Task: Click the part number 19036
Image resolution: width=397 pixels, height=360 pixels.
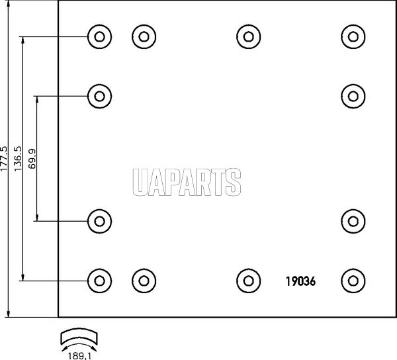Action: (300, 281)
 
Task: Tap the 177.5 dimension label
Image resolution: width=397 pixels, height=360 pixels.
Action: (4, 159)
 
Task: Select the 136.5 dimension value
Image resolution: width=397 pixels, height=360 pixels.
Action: (19, 159)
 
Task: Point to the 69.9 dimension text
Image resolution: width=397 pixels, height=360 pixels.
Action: (32, 159)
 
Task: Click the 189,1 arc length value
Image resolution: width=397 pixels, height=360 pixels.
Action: (79, 355)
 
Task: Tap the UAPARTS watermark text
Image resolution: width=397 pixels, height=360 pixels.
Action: (187, 182)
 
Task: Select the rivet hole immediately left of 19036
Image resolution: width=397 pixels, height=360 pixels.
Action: (249, 281)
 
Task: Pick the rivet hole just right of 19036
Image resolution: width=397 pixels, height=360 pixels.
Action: (353, 281)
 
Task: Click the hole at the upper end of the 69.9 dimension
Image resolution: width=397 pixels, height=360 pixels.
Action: (99, 96)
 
